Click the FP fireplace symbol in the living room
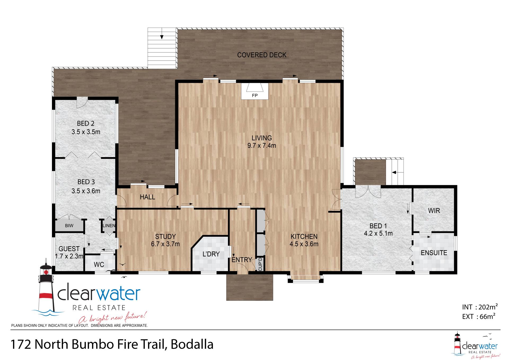coord(254,91)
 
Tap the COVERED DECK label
coord(262,55)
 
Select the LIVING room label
coord(262,138)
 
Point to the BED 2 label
coord(86,123)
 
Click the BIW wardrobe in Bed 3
coord(69,225)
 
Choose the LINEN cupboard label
coord(109,226)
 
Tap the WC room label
coord(99,264)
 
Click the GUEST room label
coord(69,249)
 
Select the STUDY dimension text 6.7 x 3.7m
coord(165,244)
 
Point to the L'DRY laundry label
coord(211,254)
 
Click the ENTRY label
coord(242,260)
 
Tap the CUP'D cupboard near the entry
coord(260,264)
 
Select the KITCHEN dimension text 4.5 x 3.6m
coord(304,244)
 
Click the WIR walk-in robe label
coord(434,211)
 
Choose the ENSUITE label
coord(434,253)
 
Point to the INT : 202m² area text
coord(480,307)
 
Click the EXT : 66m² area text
coord(479,316)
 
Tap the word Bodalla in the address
coord(192,345)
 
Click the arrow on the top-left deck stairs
coord(162,37)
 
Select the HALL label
coord(147,197)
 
